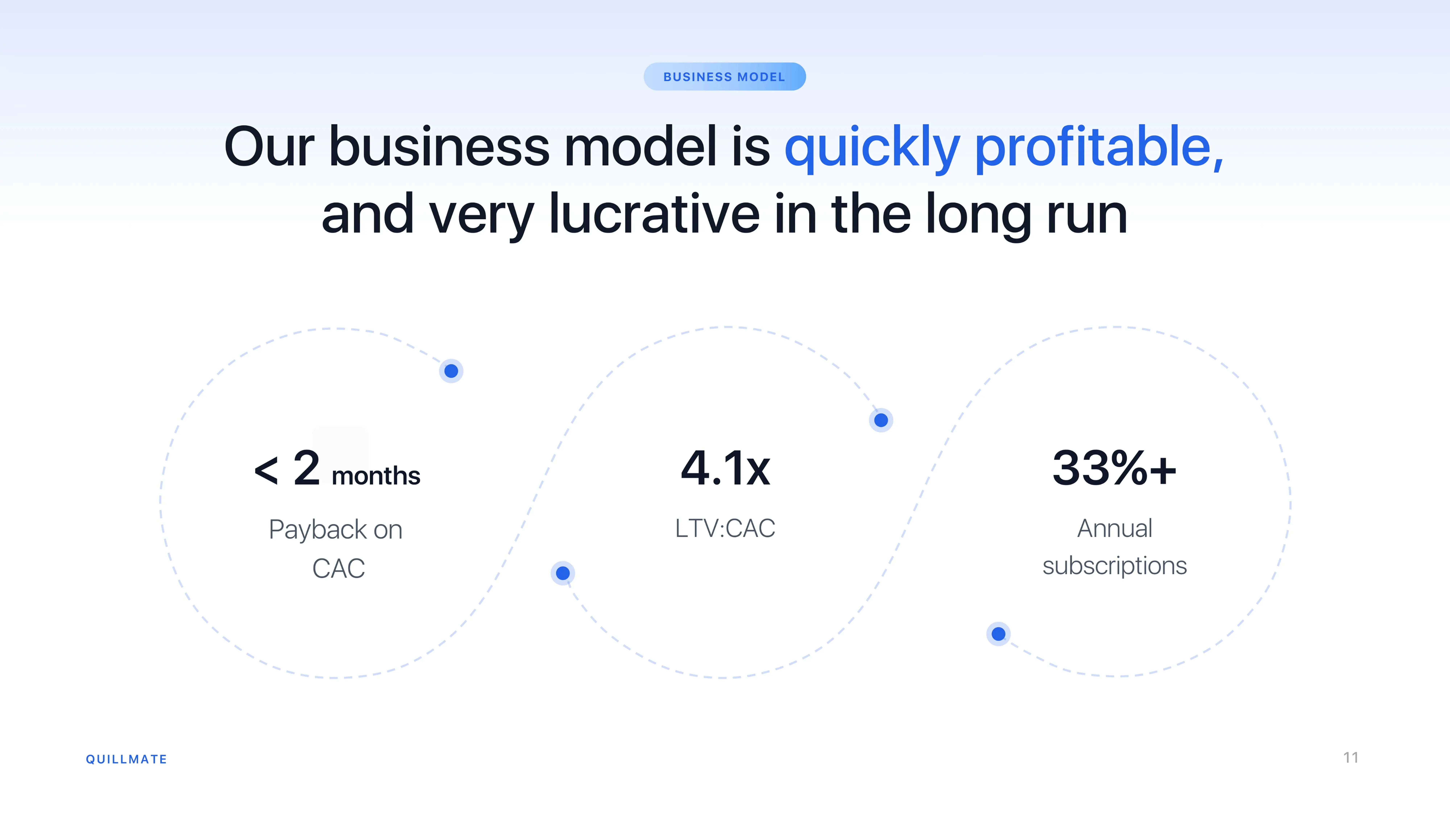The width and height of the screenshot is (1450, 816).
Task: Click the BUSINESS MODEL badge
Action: [x=724, y=77]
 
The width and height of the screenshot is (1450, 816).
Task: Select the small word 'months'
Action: [x=376, y=476]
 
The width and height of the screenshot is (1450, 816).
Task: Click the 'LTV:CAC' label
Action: [x=725, y=528]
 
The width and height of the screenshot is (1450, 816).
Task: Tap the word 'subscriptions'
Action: [x=1115, y=565]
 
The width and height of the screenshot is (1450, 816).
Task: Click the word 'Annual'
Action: [x=1115, y=528]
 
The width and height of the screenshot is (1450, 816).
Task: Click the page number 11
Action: [x=1350, y=757]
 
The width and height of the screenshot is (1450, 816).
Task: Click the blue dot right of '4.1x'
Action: [x=881, y=420]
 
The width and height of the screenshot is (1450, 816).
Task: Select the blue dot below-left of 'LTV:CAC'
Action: [x=563, y=573]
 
